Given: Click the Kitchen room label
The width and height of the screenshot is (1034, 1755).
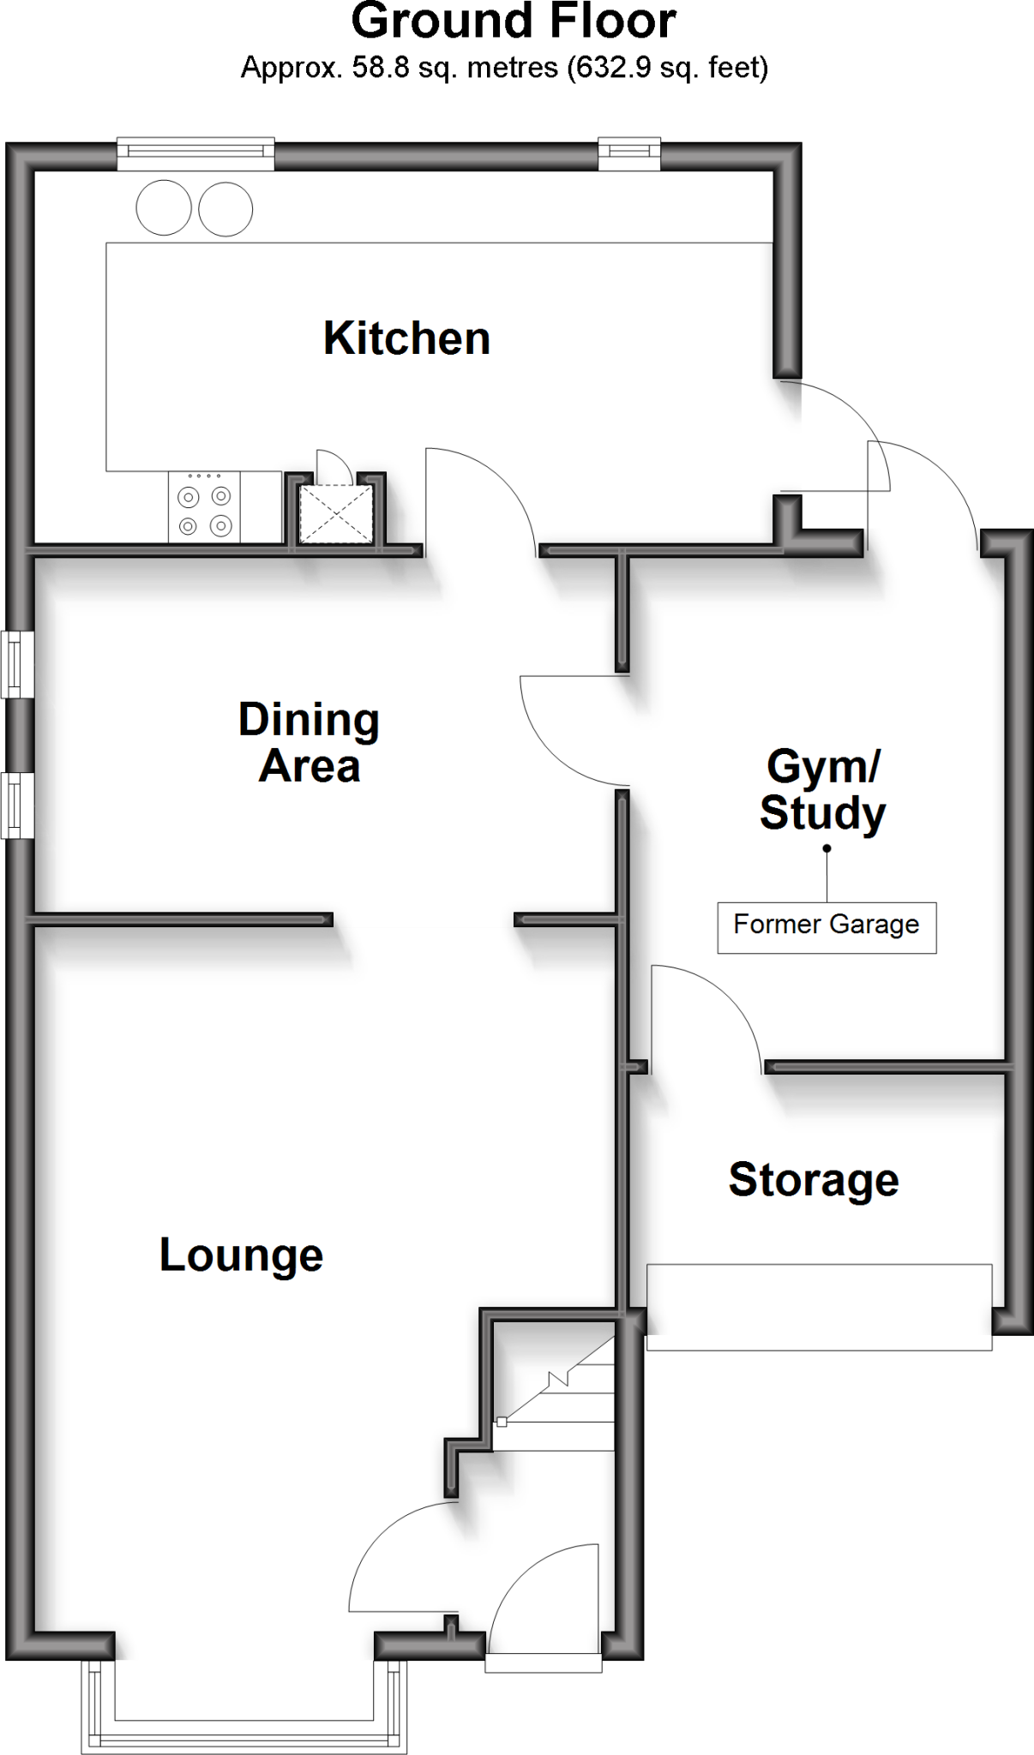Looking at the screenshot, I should click(x=406, y=338).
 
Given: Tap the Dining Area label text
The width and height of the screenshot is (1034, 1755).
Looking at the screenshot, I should click(x=309, y=742).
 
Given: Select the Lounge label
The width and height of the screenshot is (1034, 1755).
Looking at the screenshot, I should click(x=241, y=1255).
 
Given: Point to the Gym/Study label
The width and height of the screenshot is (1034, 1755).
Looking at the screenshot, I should click(x=822, y=788).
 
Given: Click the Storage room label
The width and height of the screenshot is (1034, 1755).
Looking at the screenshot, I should click(x=813, y=1179).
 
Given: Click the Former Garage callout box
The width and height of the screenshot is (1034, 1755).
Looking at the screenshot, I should click(x=827, y=926).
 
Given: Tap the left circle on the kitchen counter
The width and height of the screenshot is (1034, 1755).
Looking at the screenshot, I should click(x=164, y=207).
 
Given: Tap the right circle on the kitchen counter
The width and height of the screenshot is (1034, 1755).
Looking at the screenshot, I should click(x=225, y=208).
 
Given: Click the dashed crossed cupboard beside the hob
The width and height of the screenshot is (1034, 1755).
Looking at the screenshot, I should click(x=335, y=514).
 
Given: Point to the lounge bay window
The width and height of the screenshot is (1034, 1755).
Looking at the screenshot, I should click(x=244, y=1705).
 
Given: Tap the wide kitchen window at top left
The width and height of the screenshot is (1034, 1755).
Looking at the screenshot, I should click(x=195, y=153).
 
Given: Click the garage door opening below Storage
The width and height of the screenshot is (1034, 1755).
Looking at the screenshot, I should click(x=819, y=1306).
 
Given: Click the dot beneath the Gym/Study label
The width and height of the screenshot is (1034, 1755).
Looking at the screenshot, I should click(x=827, y=848).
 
